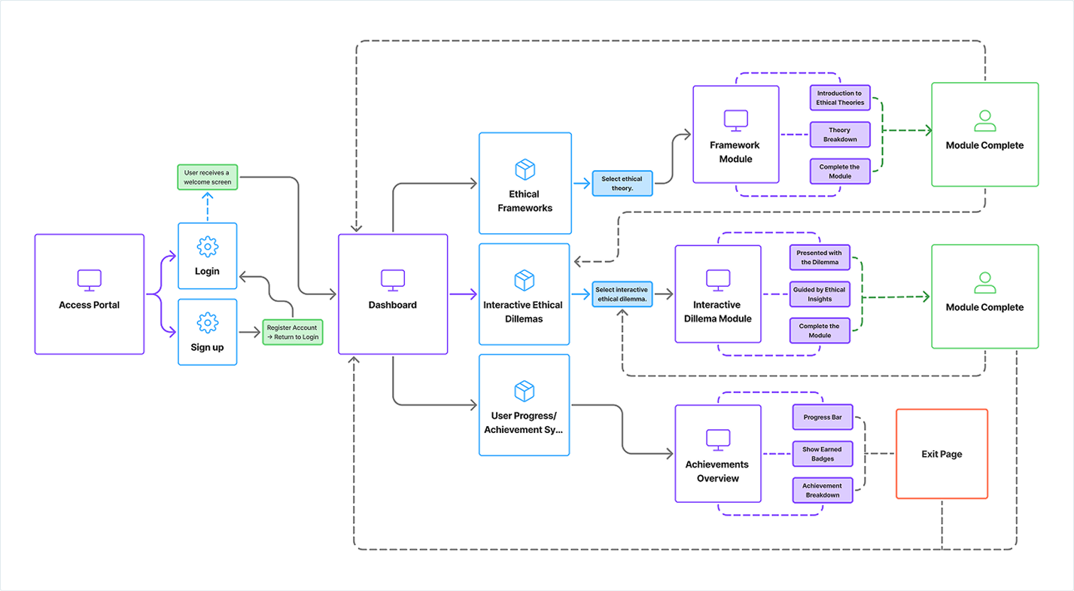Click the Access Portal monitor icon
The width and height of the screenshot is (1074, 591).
[89, 280]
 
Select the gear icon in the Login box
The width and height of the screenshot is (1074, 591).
[207, 246]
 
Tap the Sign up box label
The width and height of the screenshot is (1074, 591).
[207, 347]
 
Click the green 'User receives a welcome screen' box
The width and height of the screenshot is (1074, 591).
[207, 177]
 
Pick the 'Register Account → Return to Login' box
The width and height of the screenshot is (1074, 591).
[293, 332]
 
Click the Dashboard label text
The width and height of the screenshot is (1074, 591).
[392, 305]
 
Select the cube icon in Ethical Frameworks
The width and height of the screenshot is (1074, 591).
[525, 169]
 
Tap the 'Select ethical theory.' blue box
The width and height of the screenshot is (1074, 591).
[622, 184]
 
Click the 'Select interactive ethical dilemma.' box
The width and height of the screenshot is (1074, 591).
[622, 294]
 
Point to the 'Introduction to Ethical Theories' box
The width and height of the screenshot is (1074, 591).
[839, 98]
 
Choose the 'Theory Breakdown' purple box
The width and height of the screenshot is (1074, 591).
[839, 135]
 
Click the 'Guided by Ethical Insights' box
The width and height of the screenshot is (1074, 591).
[819, 294]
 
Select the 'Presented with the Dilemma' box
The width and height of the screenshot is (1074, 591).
[819, 257]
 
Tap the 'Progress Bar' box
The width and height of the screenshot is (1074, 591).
[822, 417]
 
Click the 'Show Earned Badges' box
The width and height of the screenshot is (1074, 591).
[822, 453]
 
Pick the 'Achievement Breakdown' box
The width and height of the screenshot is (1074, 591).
[822, 490]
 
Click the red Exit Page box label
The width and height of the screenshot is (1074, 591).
[941, 454]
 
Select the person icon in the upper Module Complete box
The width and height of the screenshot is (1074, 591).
[984, 120]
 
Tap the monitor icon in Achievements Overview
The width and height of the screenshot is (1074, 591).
[717, 439]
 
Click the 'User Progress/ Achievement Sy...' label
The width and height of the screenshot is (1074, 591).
[525, 423]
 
